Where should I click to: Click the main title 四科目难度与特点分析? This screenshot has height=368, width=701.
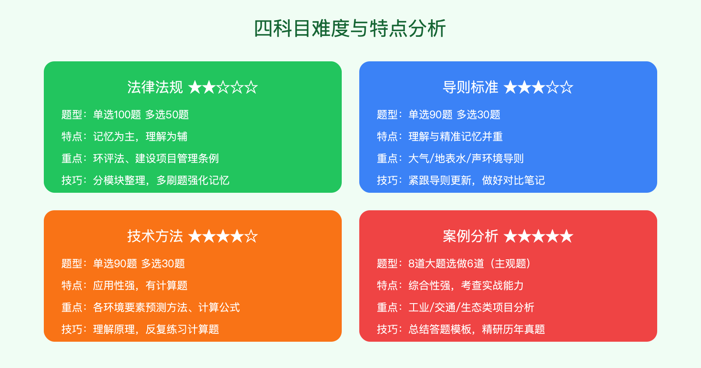(350, 29)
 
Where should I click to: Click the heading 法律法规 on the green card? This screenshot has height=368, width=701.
(155, 88)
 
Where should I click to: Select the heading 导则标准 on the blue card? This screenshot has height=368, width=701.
(470, 88)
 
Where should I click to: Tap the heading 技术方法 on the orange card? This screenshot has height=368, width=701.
(155, 237)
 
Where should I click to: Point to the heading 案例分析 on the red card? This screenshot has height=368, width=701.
(470, 237)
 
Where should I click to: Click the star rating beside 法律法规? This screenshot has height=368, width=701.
(223, 88)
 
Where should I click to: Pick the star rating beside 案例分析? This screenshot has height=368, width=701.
(538, 237)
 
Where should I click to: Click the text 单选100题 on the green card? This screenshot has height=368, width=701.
(117, 115)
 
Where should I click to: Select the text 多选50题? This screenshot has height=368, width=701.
(167, 115)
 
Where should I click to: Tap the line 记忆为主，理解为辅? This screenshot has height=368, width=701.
(140, 137)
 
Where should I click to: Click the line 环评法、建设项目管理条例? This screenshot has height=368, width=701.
(156, 159)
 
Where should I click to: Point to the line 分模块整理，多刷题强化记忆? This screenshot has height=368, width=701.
(161, 180)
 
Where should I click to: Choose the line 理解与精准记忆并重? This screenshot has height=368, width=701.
(456, 137)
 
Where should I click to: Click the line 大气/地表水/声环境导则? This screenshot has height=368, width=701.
(466, 159)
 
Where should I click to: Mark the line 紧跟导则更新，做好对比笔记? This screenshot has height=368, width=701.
(477, 180)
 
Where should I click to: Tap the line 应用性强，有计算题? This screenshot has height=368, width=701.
(140, 286)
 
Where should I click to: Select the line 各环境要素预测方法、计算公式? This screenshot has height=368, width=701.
(166, 308)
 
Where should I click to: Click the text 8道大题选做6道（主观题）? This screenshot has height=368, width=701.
(470, 264)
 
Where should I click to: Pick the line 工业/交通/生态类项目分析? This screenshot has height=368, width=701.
(471, 308)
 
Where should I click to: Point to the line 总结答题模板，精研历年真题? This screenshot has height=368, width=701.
(477, 329)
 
